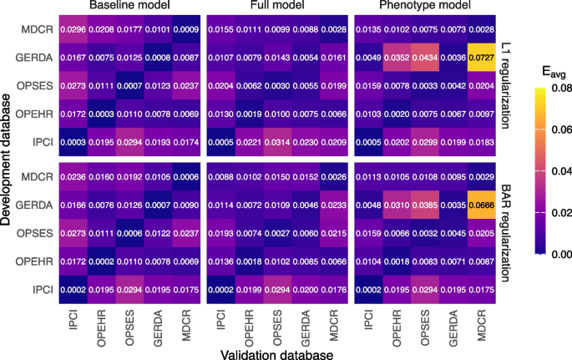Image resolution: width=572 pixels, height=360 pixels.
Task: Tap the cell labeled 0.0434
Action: click(428, 58)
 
